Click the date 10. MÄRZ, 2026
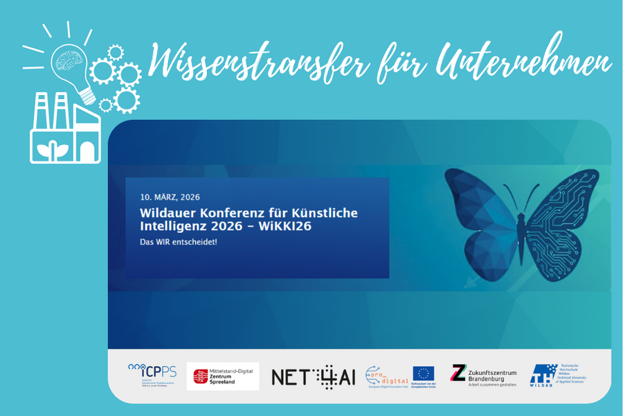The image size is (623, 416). point(170,197)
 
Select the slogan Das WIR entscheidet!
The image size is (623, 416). point(179,242)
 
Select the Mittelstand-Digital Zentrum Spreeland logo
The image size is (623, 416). point(223,376)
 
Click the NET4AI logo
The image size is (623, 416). point(313,376)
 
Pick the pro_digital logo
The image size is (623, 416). point(384,376)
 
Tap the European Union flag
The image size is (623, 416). point(424,374)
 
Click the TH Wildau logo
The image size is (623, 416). point(557,375)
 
